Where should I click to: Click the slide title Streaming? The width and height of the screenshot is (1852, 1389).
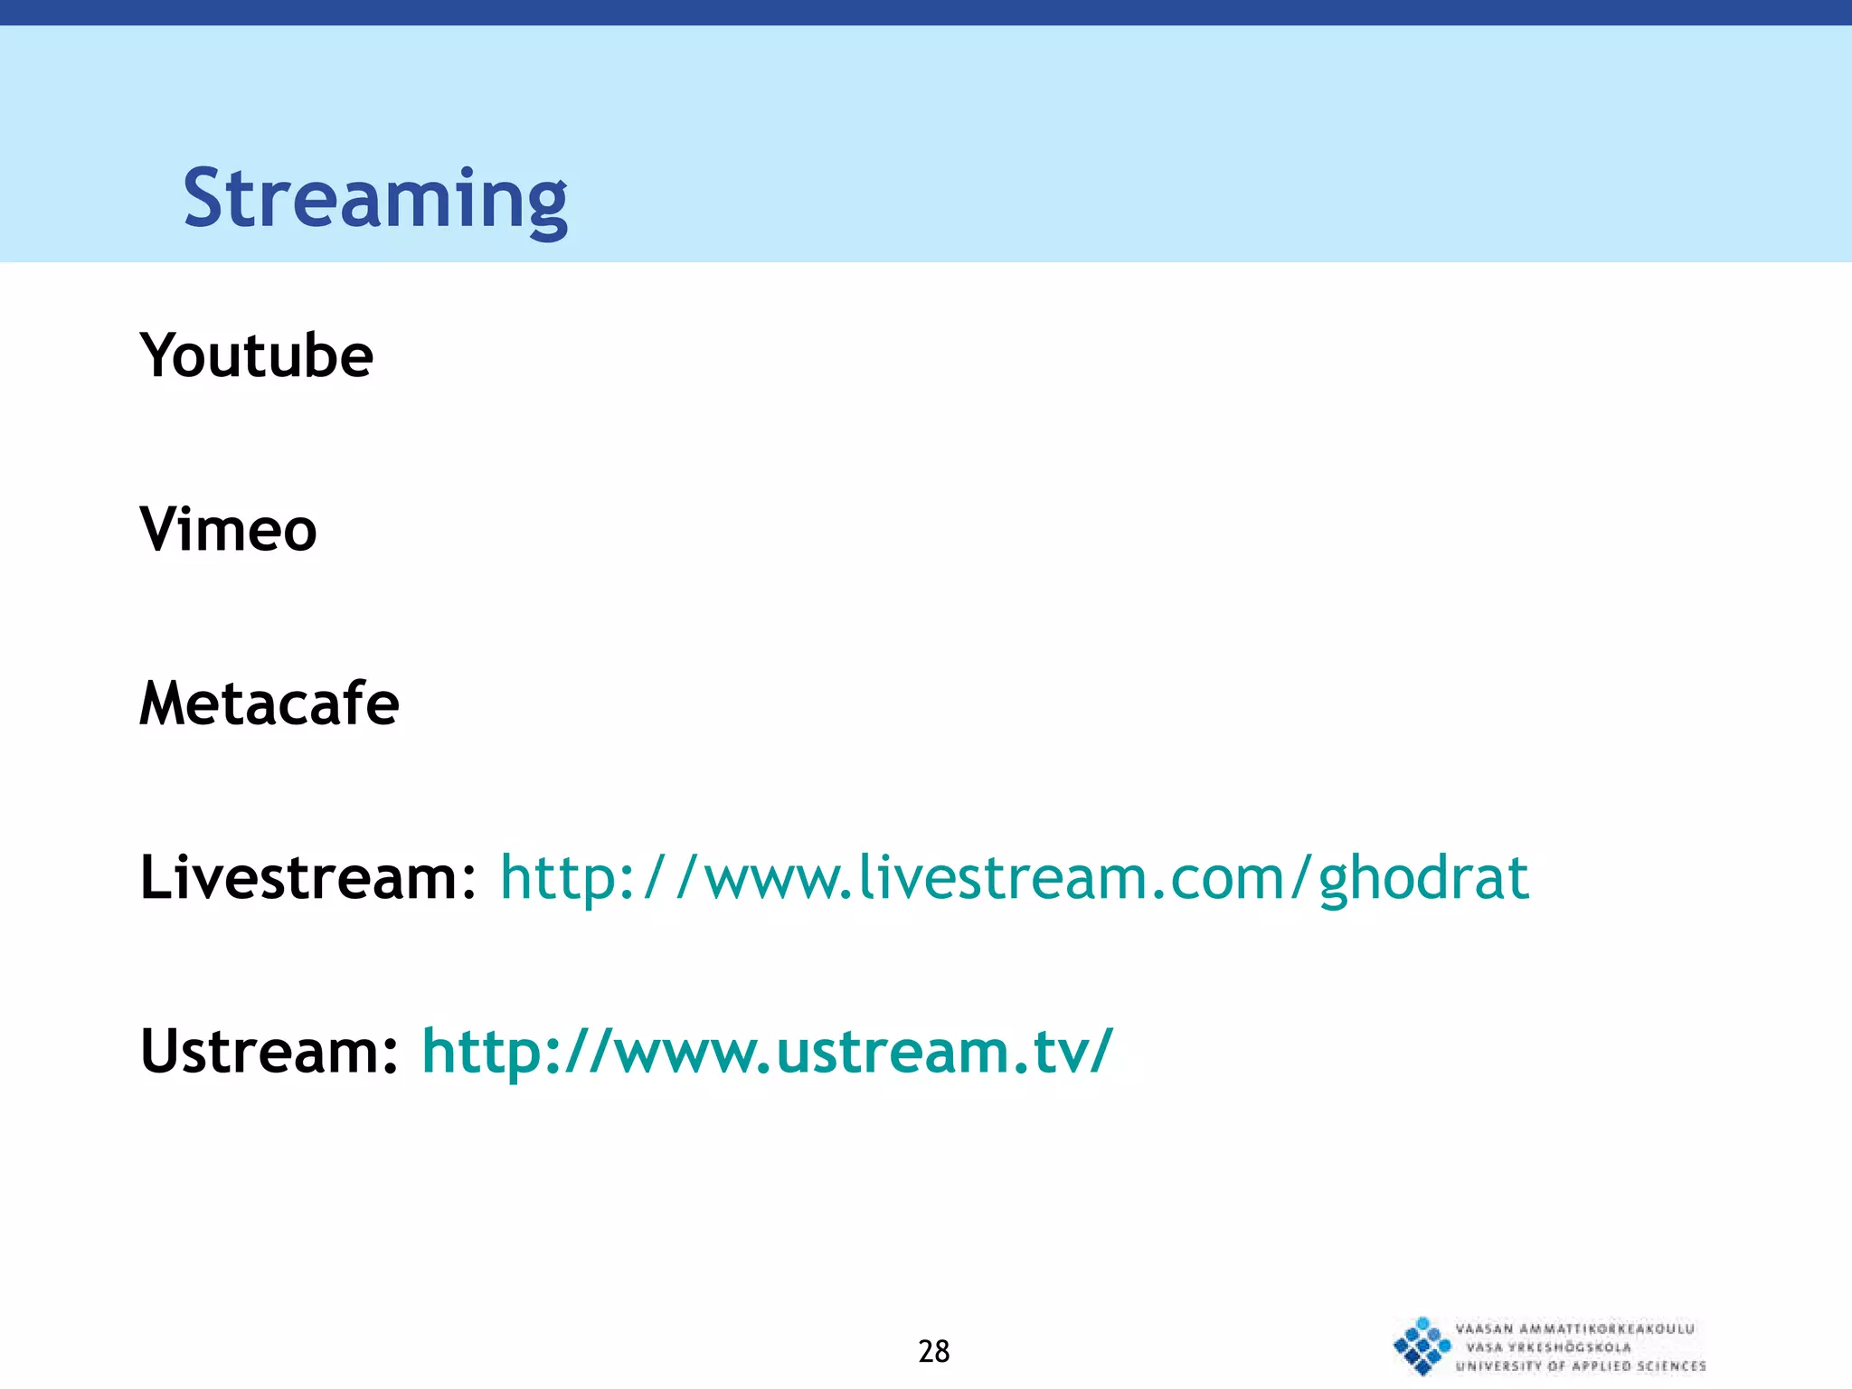[x=375, y=199]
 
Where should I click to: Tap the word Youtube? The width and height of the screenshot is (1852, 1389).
[x=256, y=355]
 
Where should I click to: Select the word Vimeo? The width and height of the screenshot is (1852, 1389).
[x=228, y=529]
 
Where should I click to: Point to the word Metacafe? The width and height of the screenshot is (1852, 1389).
[x=269, y=704]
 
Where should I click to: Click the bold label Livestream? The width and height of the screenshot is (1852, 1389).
[x=307, y=877]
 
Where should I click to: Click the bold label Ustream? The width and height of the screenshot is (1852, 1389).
[x=269, y=1051]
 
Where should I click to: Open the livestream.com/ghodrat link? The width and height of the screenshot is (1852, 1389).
[x=1014, y=877]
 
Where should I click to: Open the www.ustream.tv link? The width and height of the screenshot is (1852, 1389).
[x=767, y=1051]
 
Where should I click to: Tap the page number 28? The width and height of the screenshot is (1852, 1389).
[x=933, y=1351]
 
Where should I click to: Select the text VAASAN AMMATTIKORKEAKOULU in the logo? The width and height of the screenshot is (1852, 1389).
[x=1574, y=1328]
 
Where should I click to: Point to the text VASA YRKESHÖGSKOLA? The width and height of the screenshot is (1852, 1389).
[x=1548, y=1347]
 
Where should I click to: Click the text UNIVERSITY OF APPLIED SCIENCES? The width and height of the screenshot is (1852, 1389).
[x=1580, y=1366]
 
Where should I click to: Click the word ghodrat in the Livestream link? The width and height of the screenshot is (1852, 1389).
[x=1423, y=879]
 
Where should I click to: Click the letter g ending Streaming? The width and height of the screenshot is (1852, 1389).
[x=545, y=206]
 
